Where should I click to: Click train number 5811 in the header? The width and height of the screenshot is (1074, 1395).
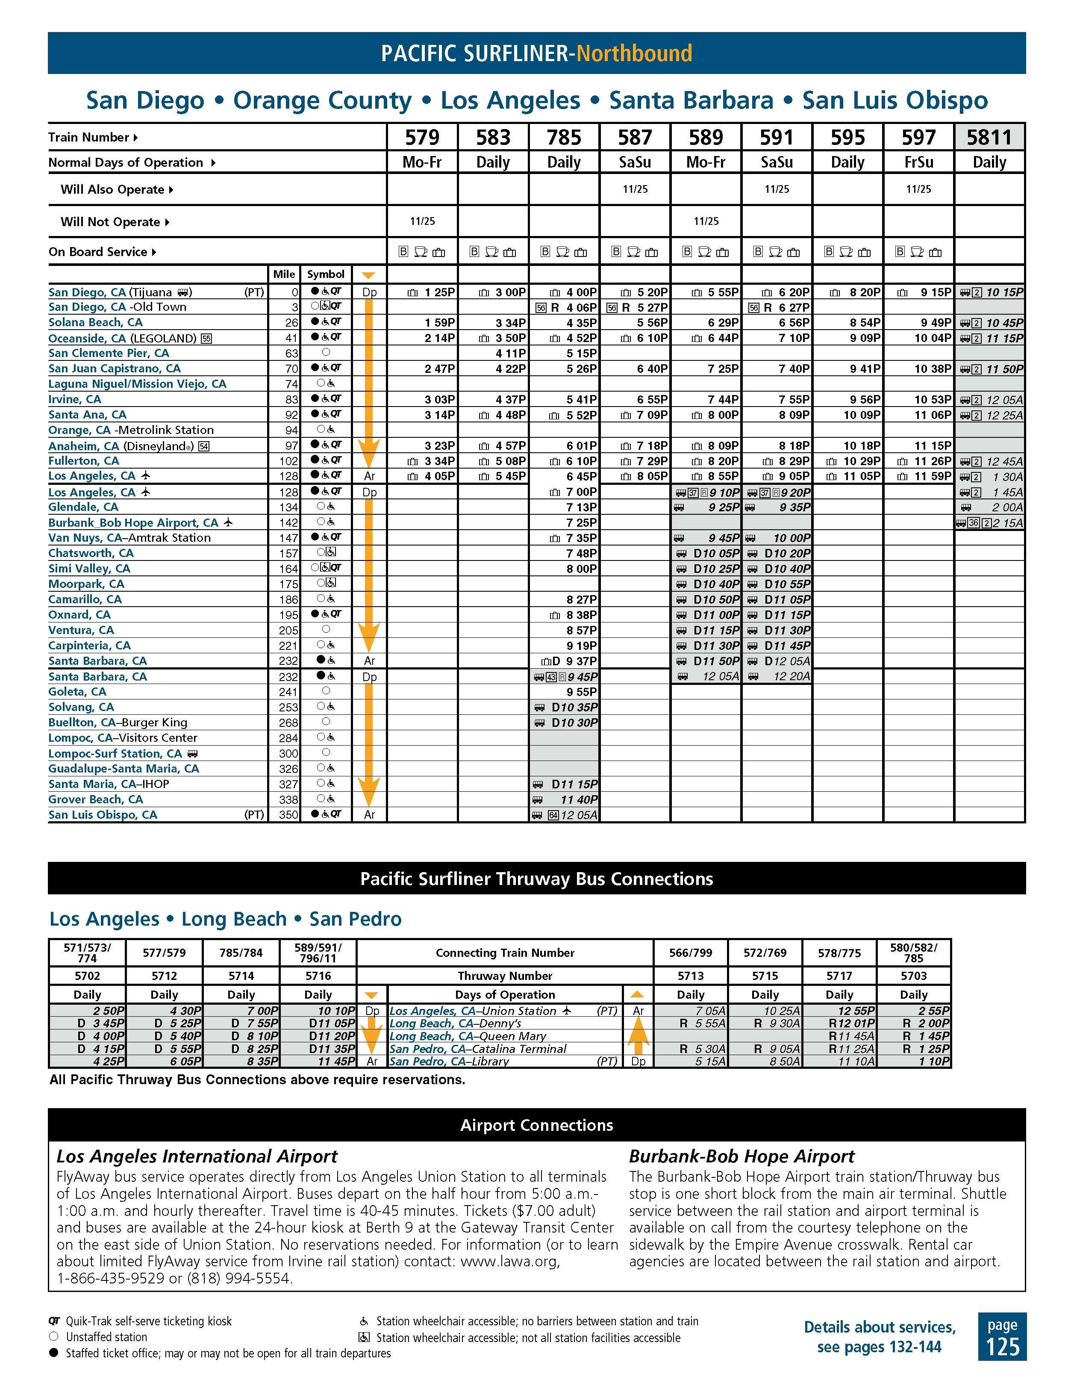point(989,137)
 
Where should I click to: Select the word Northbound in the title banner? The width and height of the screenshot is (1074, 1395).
point(625,53)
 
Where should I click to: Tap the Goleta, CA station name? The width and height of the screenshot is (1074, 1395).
point(77,692)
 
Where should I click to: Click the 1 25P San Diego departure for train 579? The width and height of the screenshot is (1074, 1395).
point(439,292)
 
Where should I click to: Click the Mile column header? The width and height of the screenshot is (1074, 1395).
point(284,274)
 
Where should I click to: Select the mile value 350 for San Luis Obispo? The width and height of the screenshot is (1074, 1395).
point(288,815)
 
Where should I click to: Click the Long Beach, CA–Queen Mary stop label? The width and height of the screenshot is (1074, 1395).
point(468,1036)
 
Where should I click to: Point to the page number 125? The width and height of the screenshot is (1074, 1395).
point(1002,1346)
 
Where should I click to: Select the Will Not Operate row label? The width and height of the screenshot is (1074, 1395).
point(110,221)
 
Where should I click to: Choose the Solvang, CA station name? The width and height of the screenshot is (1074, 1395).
point(81,707)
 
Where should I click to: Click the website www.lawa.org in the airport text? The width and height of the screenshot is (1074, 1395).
point(509,1262)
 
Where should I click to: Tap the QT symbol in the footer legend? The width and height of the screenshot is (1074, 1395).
point(54,1321)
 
